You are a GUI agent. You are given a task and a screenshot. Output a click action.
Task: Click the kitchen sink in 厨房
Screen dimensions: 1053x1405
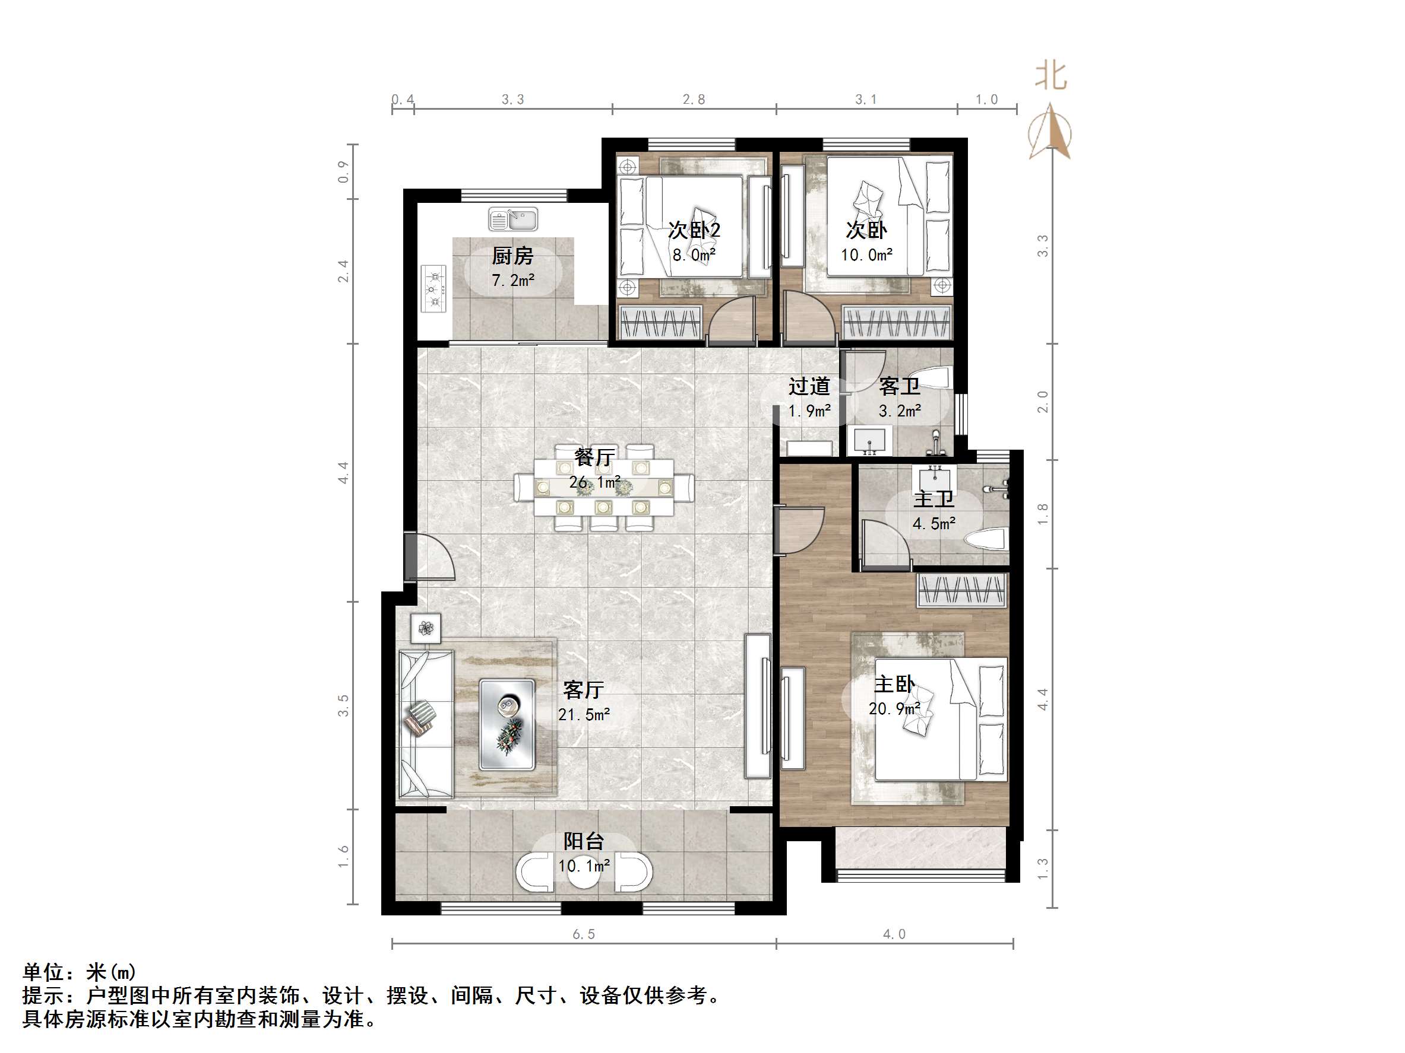click(x=513, y=219)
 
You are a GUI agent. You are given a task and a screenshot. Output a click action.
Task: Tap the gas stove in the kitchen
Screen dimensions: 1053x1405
click(x=435, y=288)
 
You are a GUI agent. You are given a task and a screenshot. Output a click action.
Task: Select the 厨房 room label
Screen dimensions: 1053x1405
click(x=512, y=256)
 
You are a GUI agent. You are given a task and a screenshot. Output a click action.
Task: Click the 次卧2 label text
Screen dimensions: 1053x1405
click(x=694, y=230)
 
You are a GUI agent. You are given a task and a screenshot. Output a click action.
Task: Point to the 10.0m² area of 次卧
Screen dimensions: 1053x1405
click(x=866, y=255)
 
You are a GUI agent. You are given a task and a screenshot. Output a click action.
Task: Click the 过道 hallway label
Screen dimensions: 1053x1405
click(x=809, y=386)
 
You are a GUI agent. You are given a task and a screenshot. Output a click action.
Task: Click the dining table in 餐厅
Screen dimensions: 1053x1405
click(x=603, y=488)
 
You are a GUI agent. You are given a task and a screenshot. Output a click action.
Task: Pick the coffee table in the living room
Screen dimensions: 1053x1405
click(x=507, y=724)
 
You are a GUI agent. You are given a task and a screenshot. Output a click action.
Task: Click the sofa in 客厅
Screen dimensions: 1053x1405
click(x=425, y=723)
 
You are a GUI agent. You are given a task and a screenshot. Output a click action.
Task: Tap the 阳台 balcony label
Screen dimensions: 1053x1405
click(x=584, y=841)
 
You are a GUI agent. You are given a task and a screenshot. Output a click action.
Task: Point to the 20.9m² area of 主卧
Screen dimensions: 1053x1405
click(x=894, y=708)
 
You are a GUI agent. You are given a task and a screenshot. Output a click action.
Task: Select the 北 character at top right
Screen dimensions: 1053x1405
click(x=1051, y=76)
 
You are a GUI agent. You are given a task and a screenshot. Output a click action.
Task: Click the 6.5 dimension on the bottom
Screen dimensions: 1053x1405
click(x=584, y=934)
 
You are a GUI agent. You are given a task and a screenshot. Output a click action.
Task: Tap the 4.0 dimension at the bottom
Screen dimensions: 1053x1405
click(x=894, y=934)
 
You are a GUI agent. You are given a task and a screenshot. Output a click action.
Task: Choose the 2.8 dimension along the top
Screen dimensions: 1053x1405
click(x=694, y=99)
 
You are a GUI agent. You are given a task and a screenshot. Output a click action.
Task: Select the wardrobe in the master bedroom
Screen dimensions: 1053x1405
click(x=961, y=590)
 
